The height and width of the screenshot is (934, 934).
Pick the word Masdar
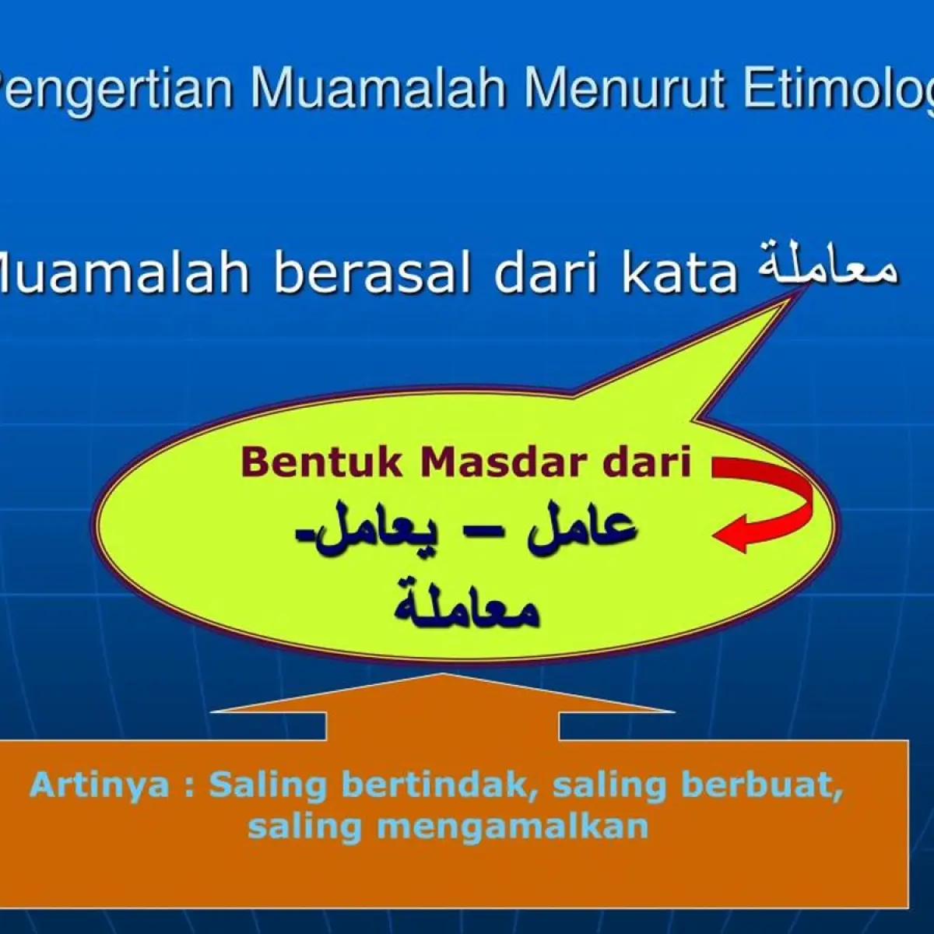coord(504,463)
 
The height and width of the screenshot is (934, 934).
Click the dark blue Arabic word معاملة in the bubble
coord(466,606)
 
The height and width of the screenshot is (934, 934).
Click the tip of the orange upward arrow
coord(442,673)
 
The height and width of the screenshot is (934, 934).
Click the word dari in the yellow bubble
coord(647,463)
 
